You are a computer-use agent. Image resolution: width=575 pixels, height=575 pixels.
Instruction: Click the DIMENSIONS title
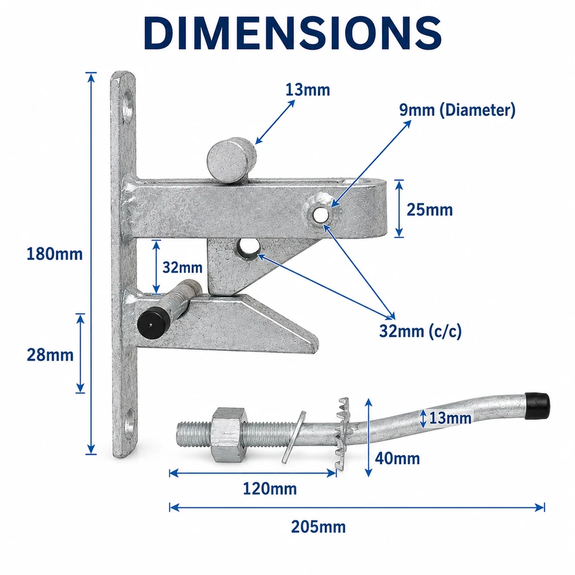coord(293,33)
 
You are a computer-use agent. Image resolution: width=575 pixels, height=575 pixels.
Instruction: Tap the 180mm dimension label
coord(55,254)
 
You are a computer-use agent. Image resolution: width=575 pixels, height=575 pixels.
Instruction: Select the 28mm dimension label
coord(50,355)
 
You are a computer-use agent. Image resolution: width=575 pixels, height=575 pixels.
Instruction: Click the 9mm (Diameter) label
coord(457,110)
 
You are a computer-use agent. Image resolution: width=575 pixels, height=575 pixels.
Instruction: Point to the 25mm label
coord(430,210)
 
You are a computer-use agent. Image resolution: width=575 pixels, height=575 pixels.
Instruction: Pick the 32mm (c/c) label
coord(420,331)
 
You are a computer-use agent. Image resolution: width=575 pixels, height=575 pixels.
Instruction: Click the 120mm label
coord(270,489)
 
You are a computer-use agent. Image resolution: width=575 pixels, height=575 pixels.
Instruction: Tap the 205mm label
coord(318,527)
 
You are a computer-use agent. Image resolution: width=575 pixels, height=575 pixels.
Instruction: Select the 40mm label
coord(398,458)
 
